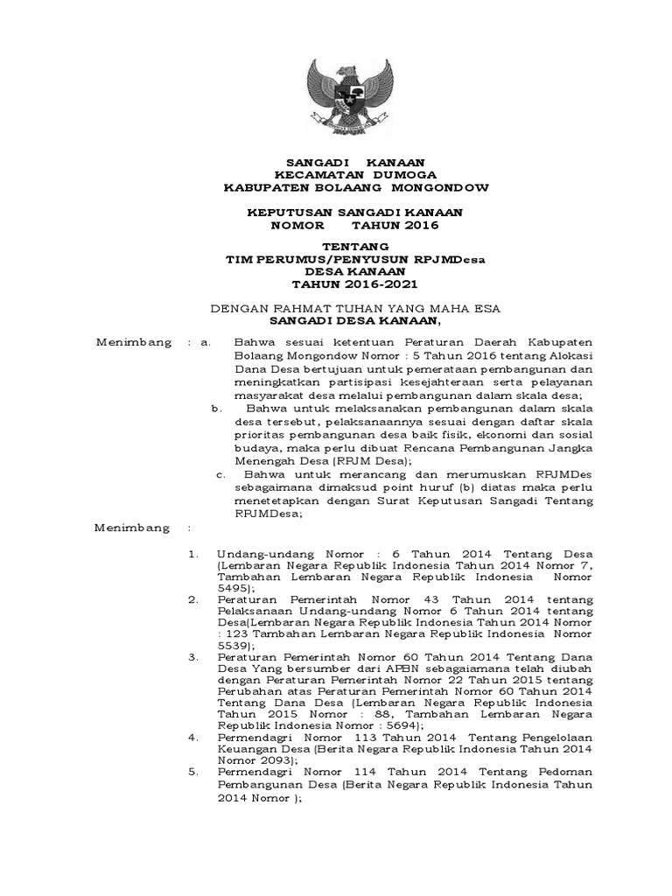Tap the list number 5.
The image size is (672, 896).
(193, 773)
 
